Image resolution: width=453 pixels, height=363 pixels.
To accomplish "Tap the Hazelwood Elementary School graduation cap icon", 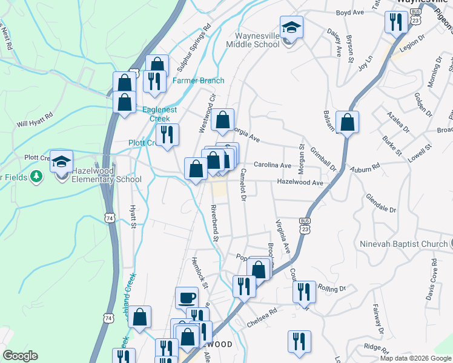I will click(62, 161).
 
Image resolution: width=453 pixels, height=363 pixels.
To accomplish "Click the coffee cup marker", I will click(187, 298).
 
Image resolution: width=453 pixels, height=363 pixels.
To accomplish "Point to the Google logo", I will click(21, 356).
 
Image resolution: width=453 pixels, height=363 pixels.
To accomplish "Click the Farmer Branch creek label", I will click(199, 80).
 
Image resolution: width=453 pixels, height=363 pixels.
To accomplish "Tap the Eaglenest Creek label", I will click(160, 114).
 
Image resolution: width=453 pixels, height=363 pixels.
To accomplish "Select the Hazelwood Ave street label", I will click(300, 181).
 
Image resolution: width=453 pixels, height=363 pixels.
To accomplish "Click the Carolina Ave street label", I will click(273, 165).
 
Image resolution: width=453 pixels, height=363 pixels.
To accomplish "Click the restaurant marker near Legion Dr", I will click(395, 23).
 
